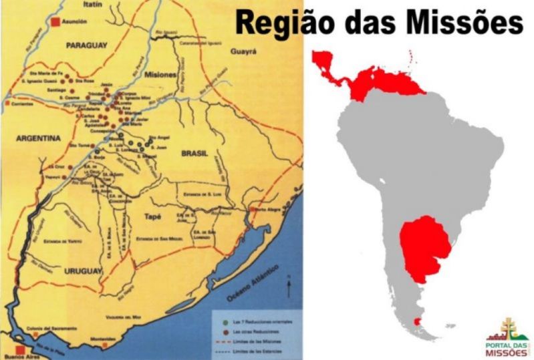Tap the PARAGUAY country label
click(x=87, y=46)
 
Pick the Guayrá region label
click(x=244, y=51)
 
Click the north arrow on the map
click(x=288, y=288)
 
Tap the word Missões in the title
click(x=458, y=23)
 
